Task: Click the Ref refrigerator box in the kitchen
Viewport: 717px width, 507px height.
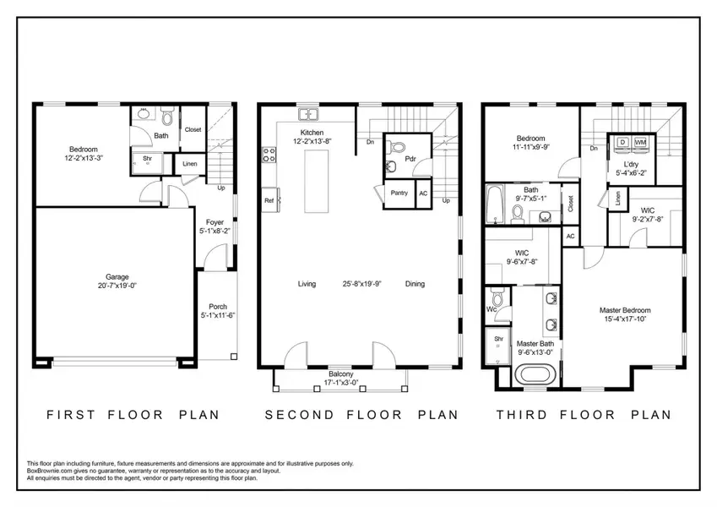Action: (269, 201)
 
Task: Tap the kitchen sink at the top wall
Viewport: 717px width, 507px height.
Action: (307, 114)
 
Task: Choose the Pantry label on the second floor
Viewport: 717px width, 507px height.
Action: (399, 193)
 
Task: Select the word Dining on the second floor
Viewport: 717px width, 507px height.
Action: (415, 284)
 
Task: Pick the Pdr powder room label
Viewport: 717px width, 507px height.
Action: (410, 158)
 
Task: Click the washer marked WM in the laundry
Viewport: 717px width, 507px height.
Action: (640, 143)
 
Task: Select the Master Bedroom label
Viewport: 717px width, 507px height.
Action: (625, 310)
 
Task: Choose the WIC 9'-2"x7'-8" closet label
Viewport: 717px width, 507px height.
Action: (648, 210)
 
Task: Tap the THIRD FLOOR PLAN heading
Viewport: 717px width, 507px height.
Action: (583, 415)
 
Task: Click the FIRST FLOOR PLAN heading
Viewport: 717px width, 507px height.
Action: (133, 415)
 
